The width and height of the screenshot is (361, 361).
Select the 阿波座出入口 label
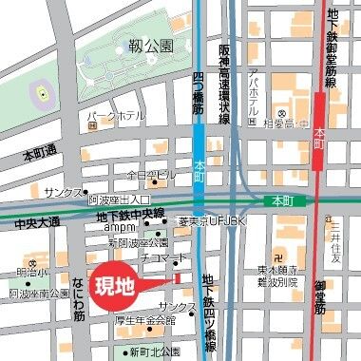coord(119,200)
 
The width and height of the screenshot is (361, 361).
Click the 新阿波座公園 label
coord(138,243)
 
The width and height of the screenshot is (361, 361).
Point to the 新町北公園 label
coord(156,352)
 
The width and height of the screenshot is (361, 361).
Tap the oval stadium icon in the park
coord(42,93)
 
